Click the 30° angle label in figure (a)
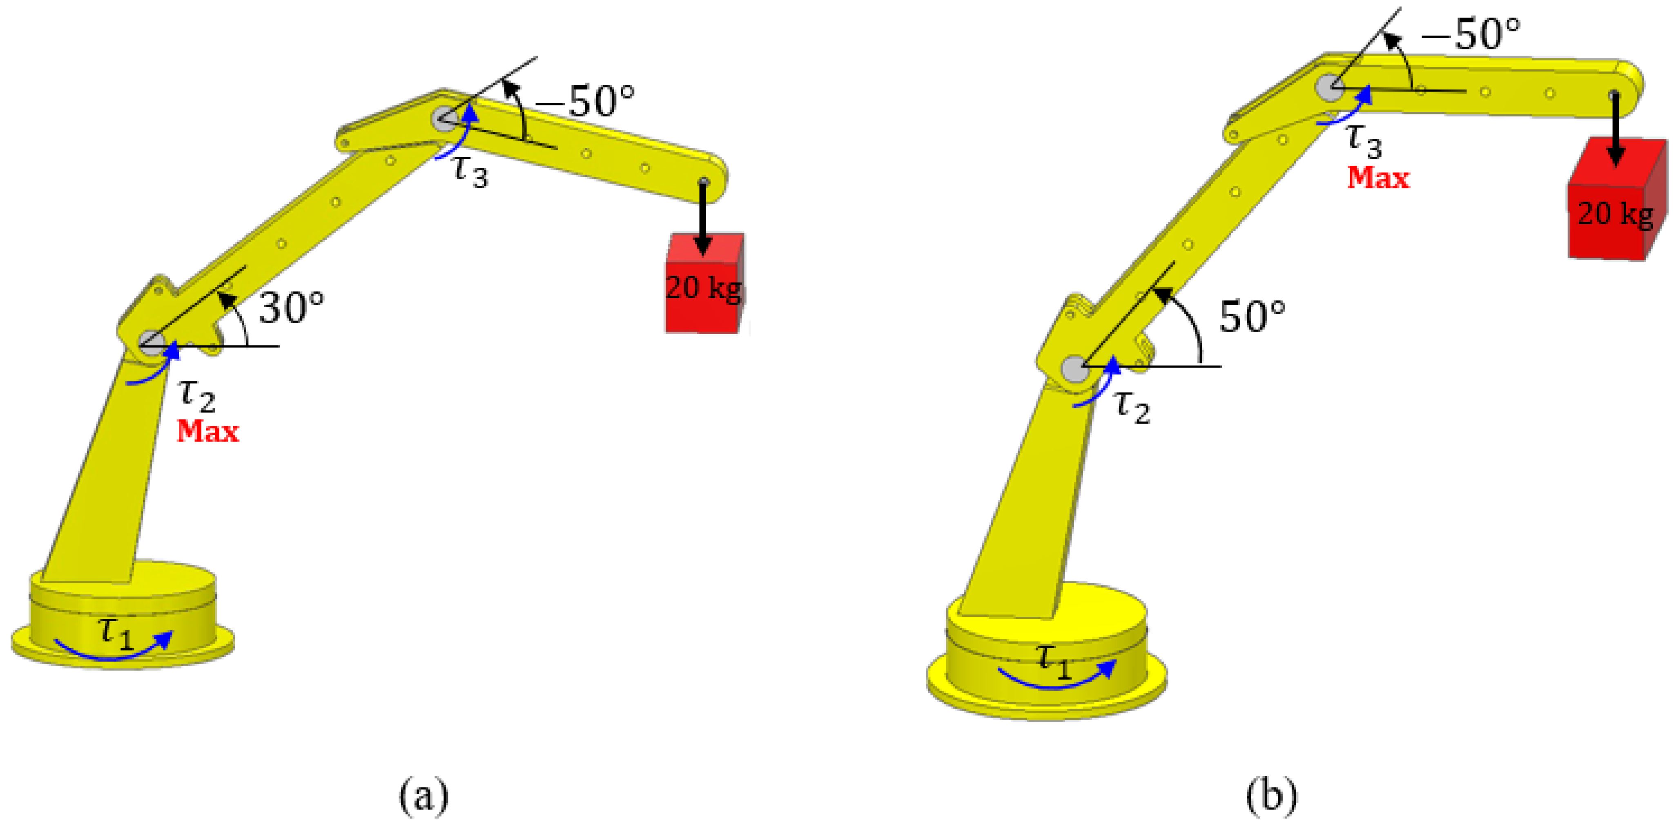point(291,308)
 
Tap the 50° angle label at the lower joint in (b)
point(1252,317)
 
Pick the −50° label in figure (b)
point(1471,34)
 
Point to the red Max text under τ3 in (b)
point(1378,178)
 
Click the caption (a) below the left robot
point(423,795)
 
